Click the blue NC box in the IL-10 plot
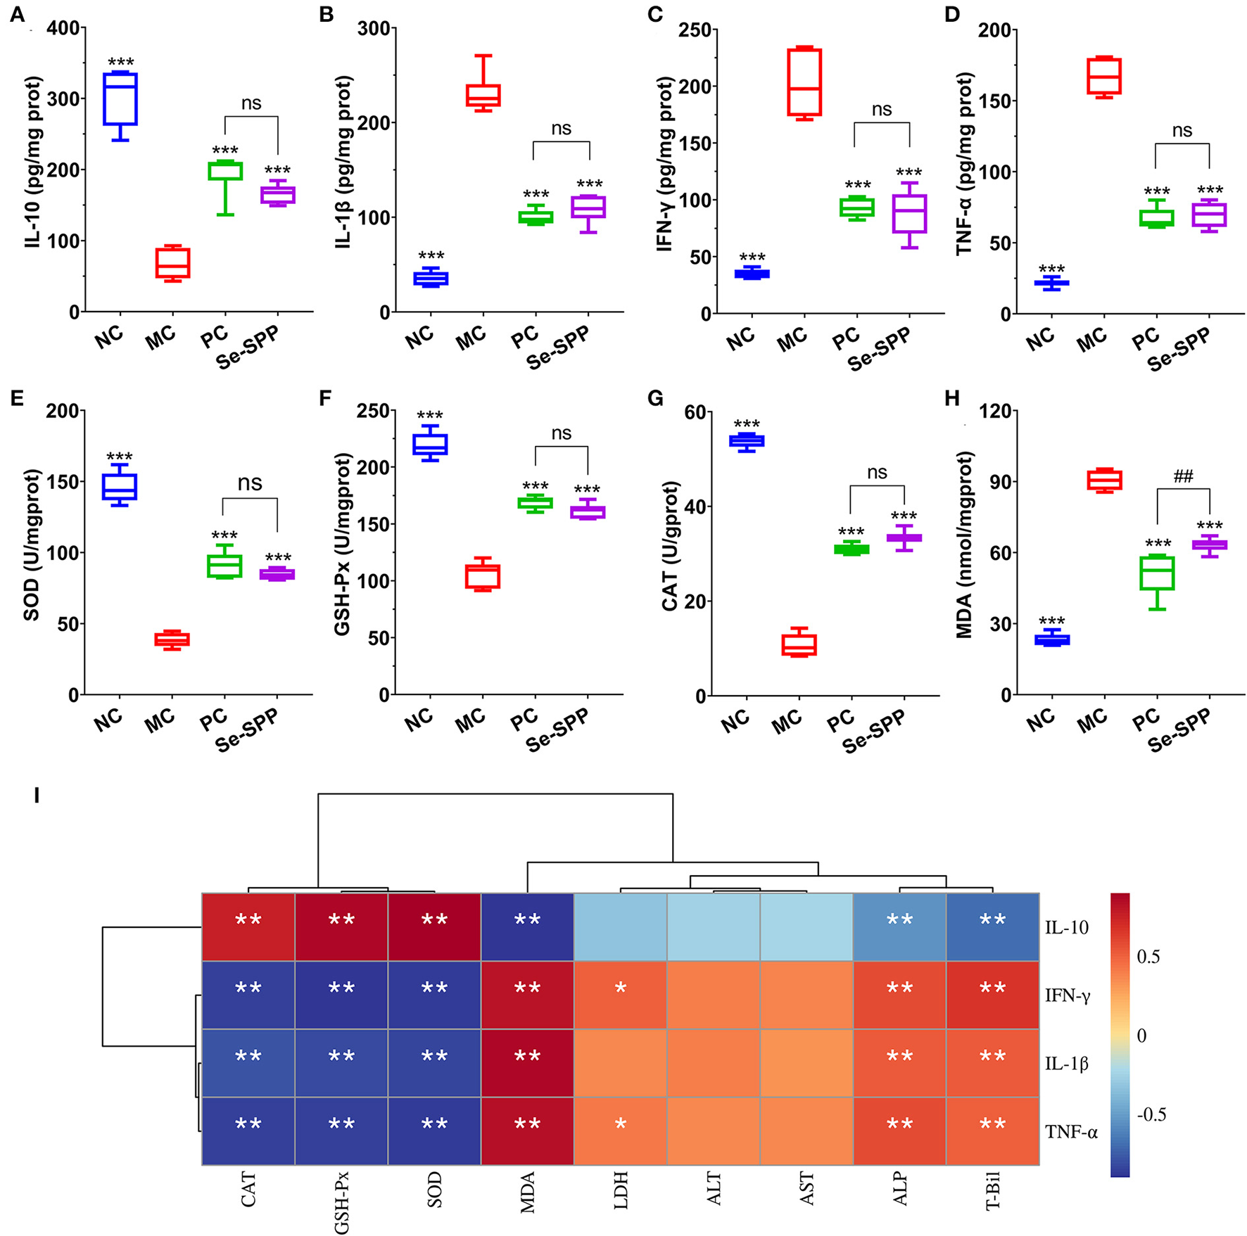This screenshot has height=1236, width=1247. click(120, 98)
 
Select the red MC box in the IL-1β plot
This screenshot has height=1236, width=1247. click(483, 96)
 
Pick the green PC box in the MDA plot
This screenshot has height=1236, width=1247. click(1156, 572)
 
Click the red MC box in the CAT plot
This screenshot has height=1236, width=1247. click(799, 644)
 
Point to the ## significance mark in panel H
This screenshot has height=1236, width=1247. click(1183, 476)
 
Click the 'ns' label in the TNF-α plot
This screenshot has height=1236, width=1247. click(1182, 130)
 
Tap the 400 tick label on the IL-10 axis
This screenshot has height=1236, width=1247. click(63, 29)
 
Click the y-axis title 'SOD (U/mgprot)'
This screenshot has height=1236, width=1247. click(32, 545)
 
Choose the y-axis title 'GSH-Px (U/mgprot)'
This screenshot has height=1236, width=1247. click(342, 545)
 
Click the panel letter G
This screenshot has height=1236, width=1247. click(654, 399)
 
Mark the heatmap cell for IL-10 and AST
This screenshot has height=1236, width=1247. click(806, 926)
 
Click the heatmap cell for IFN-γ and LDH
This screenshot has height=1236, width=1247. click(620, 995)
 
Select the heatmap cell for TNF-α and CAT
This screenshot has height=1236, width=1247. click(248, 1131)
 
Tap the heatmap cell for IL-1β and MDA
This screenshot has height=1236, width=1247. click(527, 1063)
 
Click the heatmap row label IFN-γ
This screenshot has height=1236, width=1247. click(1067, 995)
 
